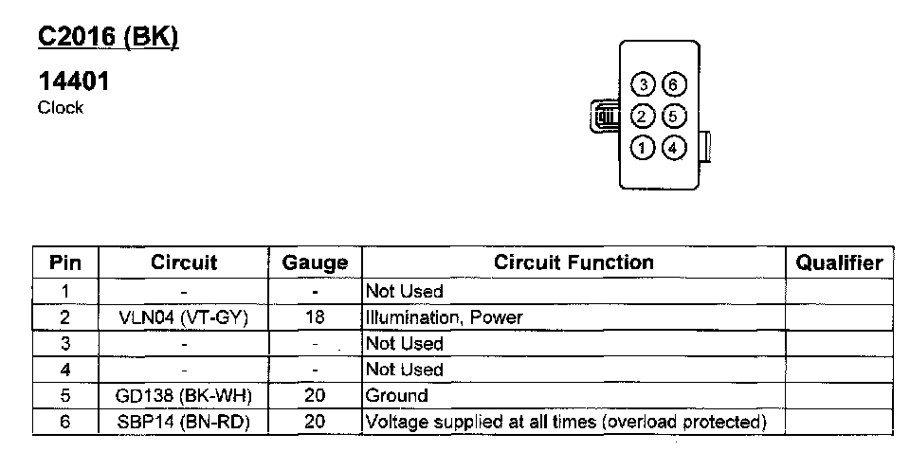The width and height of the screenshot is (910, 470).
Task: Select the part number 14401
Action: pos(74,82)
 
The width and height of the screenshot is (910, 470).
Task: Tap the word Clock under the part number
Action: pos(61,108)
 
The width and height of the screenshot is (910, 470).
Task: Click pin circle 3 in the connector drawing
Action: pos(645,85)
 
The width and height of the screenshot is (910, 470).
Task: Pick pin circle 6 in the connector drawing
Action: pos(672,85)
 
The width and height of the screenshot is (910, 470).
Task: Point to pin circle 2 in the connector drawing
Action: pos(643,117)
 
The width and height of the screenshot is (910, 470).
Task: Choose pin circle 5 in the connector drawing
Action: pos(672,117)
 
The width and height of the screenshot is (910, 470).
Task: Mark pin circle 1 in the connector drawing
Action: pos(644,148)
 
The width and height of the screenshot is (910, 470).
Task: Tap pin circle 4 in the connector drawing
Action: pos(672,148)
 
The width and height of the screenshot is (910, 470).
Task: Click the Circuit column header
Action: pos(184,262)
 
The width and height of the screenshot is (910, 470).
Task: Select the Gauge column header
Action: pos(315,262)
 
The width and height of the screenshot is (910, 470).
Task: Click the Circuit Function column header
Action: pos(573,262)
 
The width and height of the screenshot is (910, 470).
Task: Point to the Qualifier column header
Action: pos(839,262)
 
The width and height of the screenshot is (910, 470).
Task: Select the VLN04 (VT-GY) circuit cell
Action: pos(184,317)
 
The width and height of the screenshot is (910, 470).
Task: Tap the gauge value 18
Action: pos(315,317)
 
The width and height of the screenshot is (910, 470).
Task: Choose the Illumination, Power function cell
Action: pos(445,317)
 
